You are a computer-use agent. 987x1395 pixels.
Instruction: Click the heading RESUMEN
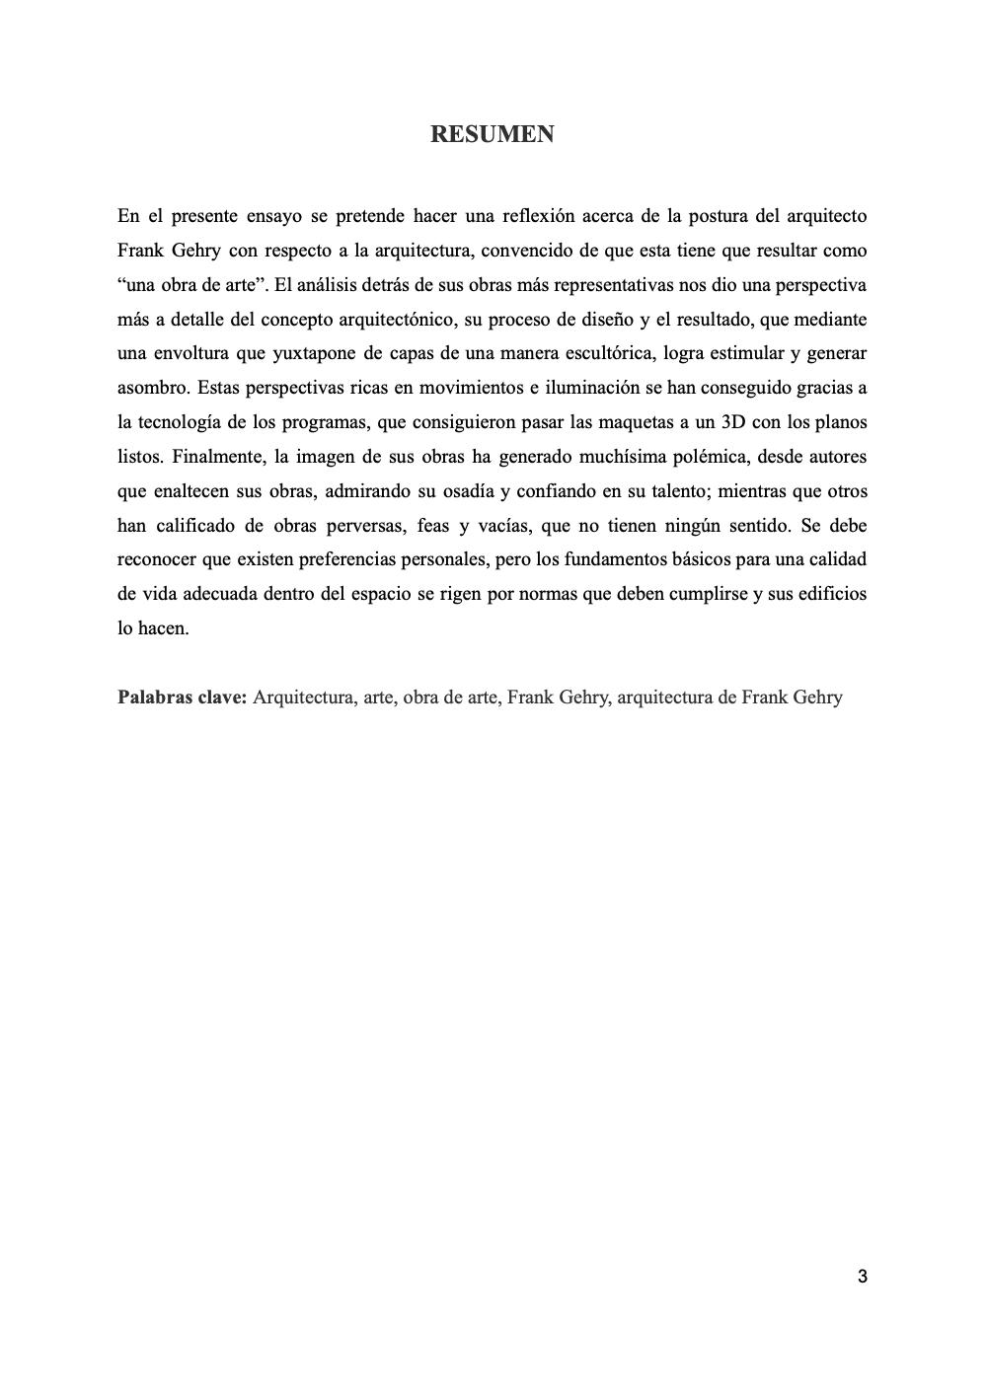(492, 134)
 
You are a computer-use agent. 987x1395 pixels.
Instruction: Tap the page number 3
(863, 1277)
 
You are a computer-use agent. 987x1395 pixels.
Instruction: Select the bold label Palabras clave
(182, 697)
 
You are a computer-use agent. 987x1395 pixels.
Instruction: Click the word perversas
(361, 525)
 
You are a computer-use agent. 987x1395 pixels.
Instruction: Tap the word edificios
(826, 594)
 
